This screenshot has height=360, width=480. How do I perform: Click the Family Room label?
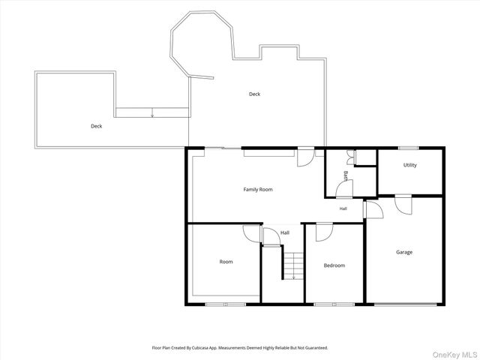coord(258,190)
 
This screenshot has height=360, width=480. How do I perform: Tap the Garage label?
coord(404,252)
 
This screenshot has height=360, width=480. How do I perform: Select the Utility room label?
coord(410,165)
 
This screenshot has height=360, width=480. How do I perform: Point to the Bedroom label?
coord(334,265)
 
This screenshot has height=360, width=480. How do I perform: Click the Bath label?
coord(346,176)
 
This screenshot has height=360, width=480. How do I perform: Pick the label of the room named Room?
coord(226,262)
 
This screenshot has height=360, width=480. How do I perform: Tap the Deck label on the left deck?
coord(97,126)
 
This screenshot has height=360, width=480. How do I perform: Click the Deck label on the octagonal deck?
coord(254,94)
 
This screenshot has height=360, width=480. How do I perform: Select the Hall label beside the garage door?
coord(343,208)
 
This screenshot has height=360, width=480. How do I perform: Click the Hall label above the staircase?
coord(285,232)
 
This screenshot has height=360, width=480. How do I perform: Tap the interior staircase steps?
coord(293,265)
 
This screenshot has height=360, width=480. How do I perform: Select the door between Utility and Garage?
coord(403,205)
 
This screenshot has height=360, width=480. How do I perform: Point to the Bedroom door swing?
coord(325,232)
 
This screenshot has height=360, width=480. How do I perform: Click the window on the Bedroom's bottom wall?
coord(334,304)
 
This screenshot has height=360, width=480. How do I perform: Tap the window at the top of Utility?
coord(408,148)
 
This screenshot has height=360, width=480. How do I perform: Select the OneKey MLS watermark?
coord(454,355)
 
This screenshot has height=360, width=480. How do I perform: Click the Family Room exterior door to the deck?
coord(306,157)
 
